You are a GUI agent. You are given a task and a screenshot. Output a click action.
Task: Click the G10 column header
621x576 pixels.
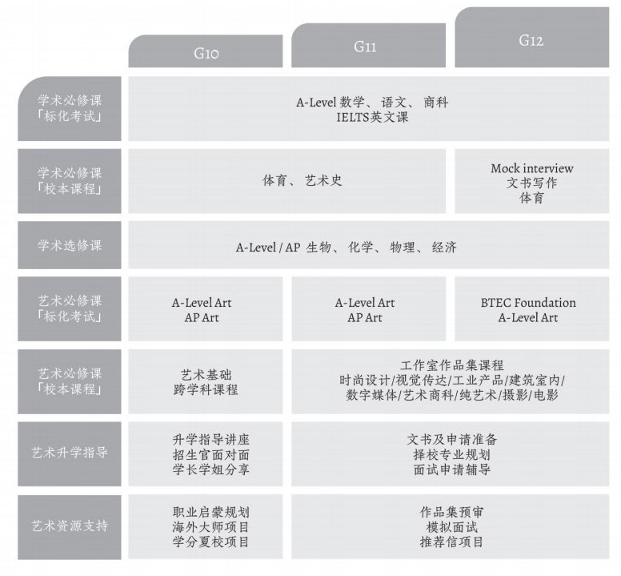click(206, 53)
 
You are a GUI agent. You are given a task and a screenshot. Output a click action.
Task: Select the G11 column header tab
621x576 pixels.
click(366, 46)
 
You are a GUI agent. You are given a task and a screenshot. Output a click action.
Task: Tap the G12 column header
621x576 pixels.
click(531, 39)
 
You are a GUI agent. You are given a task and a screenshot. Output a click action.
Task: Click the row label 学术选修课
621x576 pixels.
click(70, 245)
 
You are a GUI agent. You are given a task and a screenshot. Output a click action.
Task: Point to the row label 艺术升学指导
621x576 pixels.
click(70, 453)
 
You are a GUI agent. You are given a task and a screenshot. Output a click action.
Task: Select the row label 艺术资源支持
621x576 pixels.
click(70, 526)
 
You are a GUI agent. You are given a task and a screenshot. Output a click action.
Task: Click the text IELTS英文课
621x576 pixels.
click(372, 117)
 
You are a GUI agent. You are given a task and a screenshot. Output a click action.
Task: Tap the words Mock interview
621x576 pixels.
click(531, 168)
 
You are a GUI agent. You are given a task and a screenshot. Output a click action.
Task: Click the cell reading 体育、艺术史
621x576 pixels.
click(302, 181)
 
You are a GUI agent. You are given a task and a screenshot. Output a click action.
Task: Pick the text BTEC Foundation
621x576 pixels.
click(528, 303)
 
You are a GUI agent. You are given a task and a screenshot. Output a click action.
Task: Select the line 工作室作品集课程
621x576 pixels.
click(452, 365)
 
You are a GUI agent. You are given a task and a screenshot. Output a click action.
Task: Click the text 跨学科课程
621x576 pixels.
click(206, 389)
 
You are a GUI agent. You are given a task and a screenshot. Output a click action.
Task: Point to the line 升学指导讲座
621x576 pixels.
click(211, 439)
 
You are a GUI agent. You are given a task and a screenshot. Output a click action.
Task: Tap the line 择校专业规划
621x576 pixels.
click(452, 454)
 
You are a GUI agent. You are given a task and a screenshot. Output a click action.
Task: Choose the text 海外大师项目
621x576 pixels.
click(211, 526)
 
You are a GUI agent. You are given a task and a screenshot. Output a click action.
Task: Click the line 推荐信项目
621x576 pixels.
click(452, 542)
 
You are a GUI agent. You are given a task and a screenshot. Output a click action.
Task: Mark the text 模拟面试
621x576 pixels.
click(452, 526)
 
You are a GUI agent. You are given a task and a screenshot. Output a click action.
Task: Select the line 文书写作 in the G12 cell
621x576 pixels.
click(531, 183)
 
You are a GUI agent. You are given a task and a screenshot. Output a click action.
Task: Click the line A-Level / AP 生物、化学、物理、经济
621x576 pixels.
click(346, 248)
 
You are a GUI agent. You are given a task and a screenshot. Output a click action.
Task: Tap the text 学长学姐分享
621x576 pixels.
click(211, 469)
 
